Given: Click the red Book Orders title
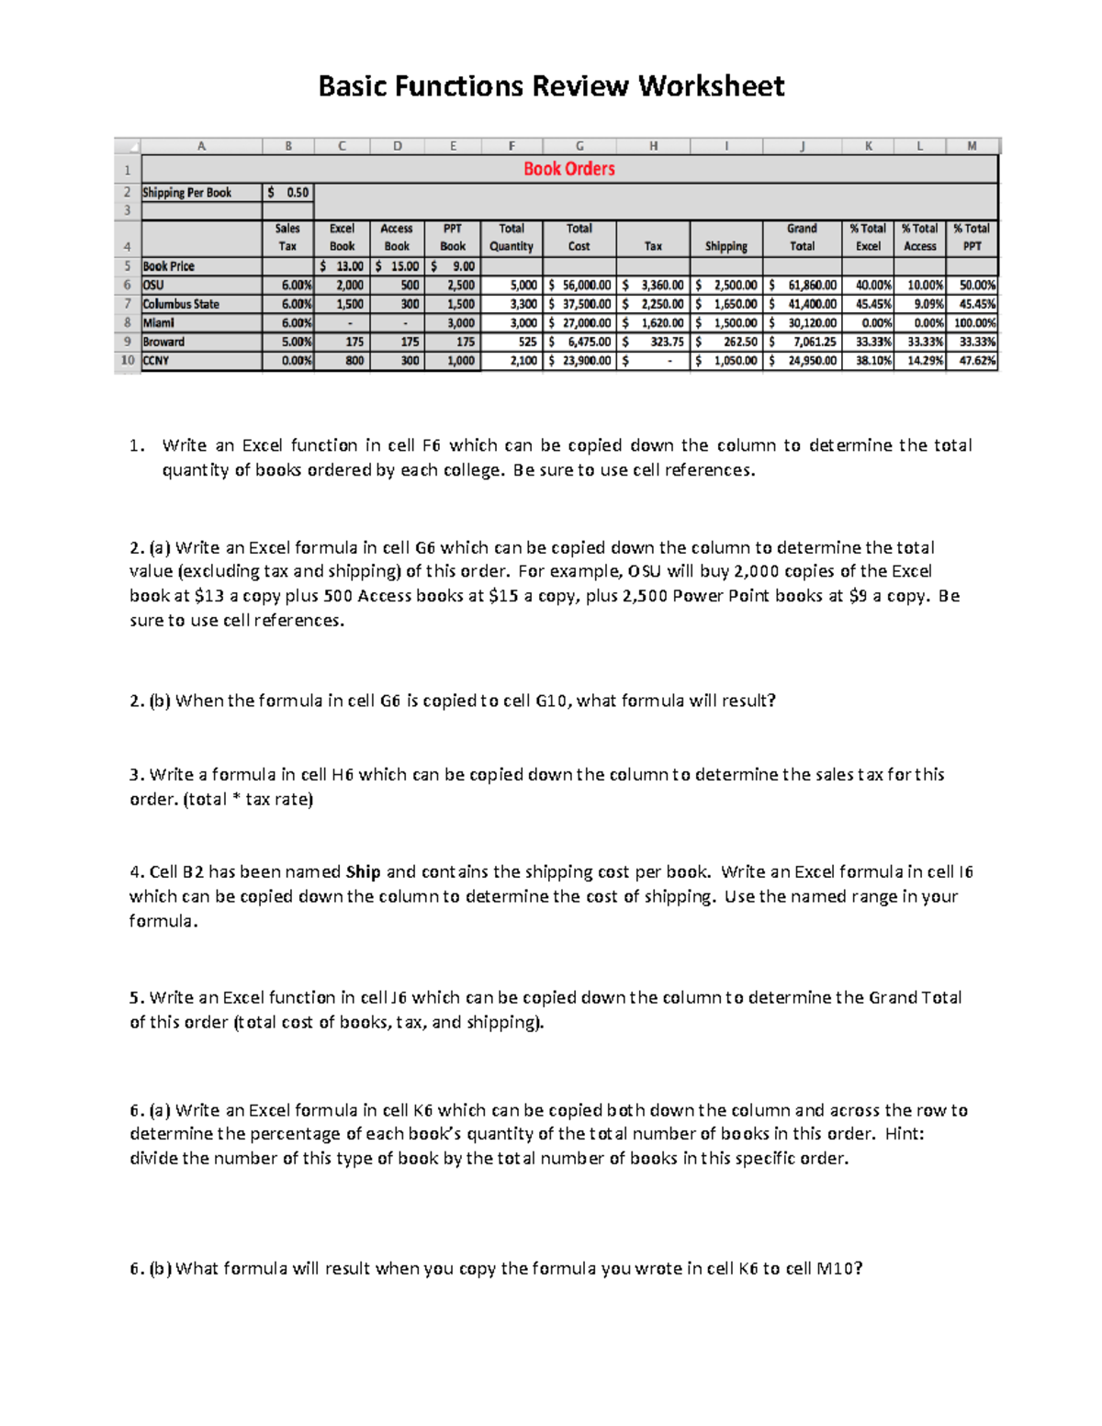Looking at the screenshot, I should pos(568,169).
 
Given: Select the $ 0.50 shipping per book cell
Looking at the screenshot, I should pos(288,193).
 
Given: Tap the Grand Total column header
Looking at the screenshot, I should pos(802,237).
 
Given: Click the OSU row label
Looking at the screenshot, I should pos(153,285).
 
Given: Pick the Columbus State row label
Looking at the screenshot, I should pos(181,304).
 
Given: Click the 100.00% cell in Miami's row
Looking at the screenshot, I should pos(973,323).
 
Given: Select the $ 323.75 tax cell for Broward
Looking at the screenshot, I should pos(653,342).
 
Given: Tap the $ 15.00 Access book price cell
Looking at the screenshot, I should pos(398,266).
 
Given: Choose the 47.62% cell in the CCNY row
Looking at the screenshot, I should pos(973,361).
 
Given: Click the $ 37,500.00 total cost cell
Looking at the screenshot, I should pos(579,304).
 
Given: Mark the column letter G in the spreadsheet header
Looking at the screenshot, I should pos(579,146).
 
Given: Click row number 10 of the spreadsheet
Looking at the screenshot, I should pos(128,361).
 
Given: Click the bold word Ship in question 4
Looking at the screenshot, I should pos(364,872).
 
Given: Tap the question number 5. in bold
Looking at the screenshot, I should pos(138,998).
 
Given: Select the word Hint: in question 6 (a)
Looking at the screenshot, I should pos(904,1134).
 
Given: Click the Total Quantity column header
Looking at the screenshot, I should pos(512,237).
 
